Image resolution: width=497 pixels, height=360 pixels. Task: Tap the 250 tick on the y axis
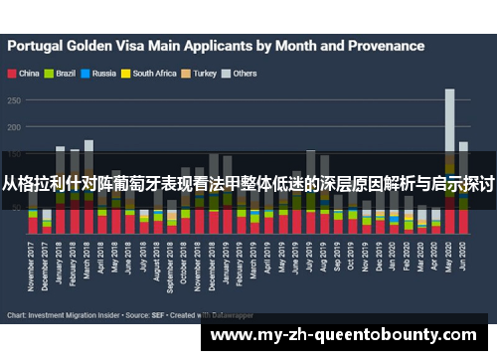14,100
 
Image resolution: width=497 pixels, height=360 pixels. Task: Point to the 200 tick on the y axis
14,127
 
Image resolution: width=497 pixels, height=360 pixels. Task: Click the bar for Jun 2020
463,189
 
